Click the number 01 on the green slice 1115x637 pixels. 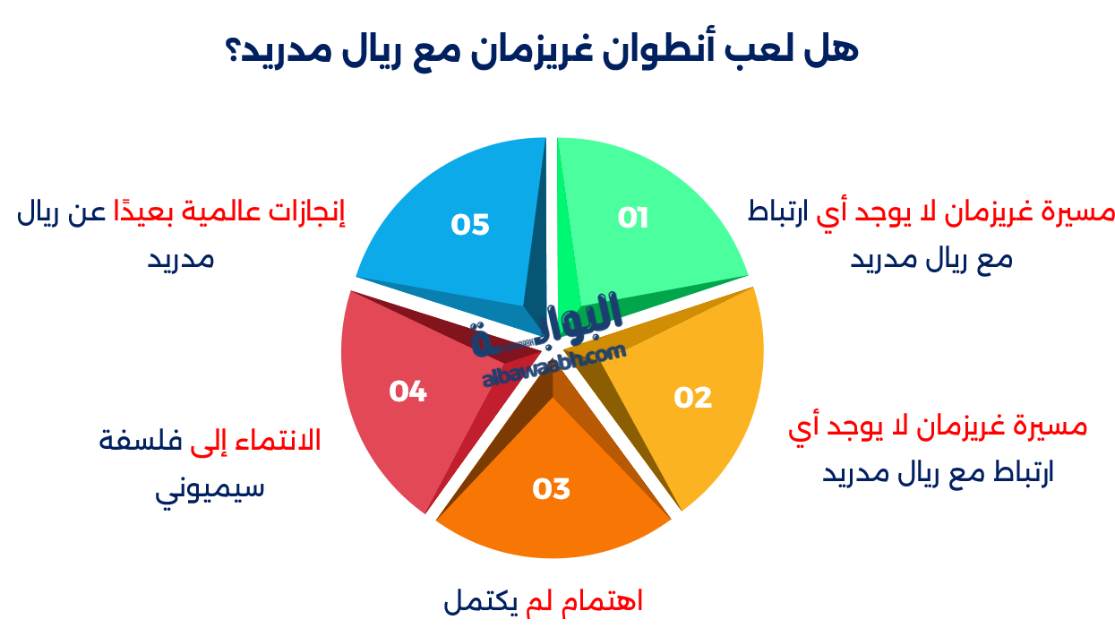coord(633,218)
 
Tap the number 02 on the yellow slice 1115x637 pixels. coord(692,397)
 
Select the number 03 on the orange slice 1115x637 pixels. coord(551,489)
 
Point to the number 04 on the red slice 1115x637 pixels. coord(407,392)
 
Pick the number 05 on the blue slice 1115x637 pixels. coord(470,224)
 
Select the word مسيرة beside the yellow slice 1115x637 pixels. coord(1051,426)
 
